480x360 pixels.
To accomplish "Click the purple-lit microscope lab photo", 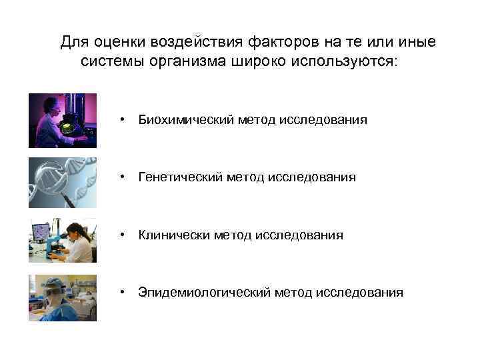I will [x=62, y=120].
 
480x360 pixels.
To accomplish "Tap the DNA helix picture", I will [x=62, y=183].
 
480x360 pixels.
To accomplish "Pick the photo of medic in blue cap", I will [x=62, y=297].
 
